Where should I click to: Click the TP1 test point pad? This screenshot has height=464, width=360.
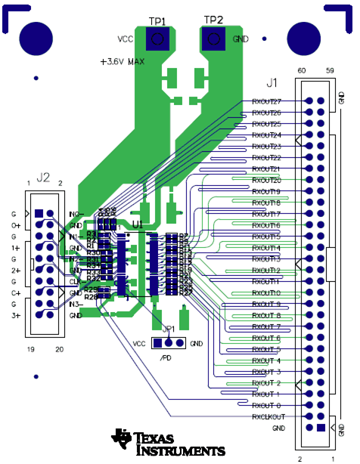click(x=157, y=40)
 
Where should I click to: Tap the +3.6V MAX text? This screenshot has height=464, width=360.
click(x=123, y=60)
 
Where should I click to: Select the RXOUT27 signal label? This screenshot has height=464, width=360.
click(x=266, y=101)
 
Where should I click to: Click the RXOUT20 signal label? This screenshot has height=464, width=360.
click(x=266, y=180)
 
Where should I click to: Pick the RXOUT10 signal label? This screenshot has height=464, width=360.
click(x=266, y=292)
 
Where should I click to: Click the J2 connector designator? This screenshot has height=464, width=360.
click(x=43, y=178)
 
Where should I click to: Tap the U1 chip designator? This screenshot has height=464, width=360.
click(x=137, y=224)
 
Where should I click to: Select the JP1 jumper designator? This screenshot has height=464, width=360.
click(x=168, y=329)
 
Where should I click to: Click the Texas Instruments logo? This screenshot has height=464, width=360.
click(x=168, y=443)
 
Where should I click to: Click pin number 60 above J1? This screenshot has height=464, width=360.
click(x=303, y=70)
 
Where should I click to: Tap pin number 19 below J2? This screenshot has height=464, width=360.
click(x=30, y=349)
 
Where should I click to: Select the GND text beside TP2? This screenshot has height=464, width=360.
click(x=241, y=39)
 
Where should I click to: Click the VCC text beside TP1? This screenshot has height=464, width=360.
click(x=126, y=39)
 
